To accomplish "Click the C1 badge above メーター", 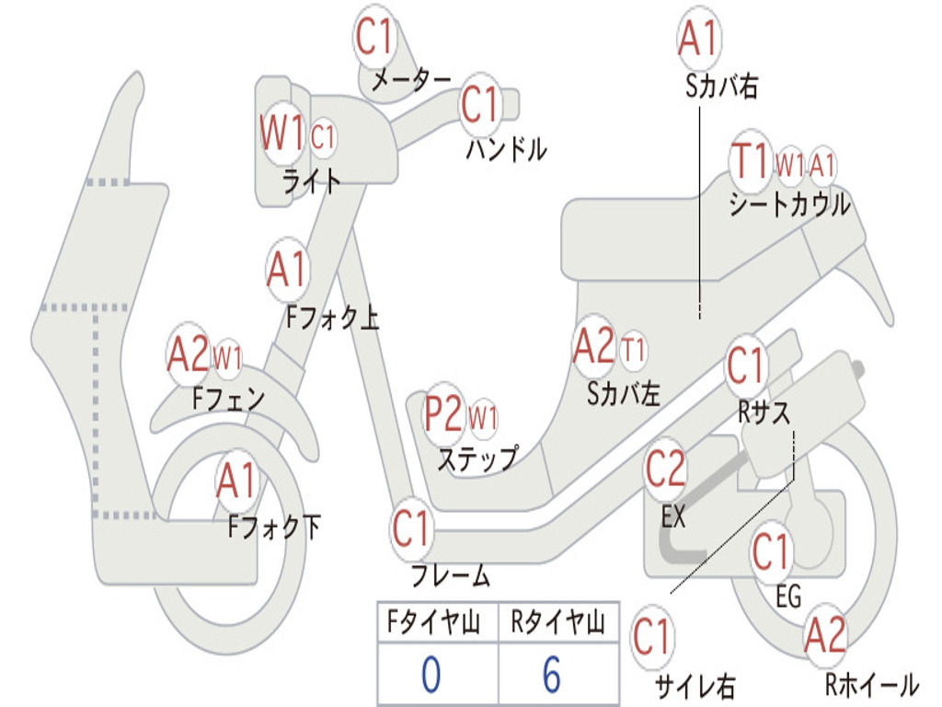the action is pos(375,38).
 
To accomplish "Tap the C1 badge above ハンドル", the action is pos(479,105).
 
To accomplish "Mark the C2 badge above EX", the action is pos(666,470).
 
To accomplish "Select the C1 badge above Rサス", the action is pos(746,366).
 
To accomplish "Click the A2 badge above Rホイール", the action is pos(824,636).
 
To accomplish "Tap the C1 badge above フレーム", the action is pos(411,529).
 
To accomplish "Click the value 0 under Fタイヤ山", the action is pos(431,676).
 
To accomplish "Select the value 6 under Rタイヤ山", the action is pos(551,676).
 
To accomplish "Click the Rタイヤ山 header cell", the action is pos(557,624).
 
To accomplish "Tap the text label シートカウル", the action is pos(789,204).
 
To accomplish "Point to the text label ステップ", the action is pos(477,458).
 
